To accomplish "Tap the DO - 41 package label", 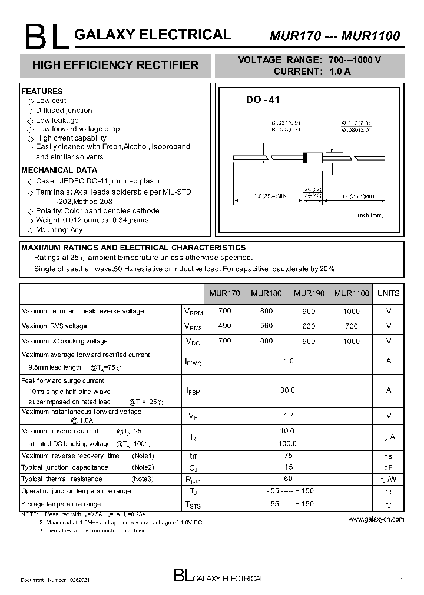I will coord(263,100).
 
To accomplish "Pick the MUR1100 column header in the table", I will coord(352,293).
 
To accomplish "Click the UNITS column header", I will coord(388,293).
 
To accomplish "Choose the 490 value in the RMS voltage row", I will coord(224,326).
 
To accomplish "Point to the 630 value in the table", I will coord(308,326).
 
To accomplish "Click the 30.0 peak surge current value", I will coord(288,390).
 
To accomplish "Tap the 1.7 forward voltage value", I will coord(288,416).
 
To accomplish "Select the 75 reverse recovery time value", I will coord(288,456).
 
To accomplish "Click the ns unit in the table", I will coord(389,456).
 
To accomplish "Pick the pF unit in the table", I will coord(389,467).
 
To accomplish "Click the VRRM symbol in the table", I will coord(194,312).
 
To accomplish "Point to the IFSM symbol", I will coord(194,391).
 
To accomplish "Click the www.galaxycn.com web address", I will coord(376,519).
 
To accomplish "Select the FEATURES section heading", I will coord(42,91).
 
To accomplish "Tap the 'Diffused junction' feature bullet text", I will coord(64,111).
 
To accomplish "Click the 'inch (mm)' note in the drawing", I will coord(370,215).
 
